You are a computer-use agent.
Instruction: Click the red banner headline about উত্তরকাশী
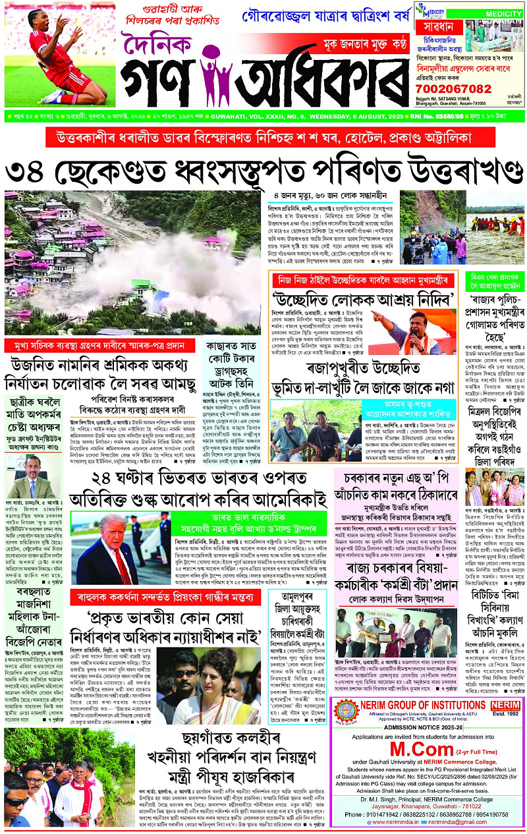tap(263, 138)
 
